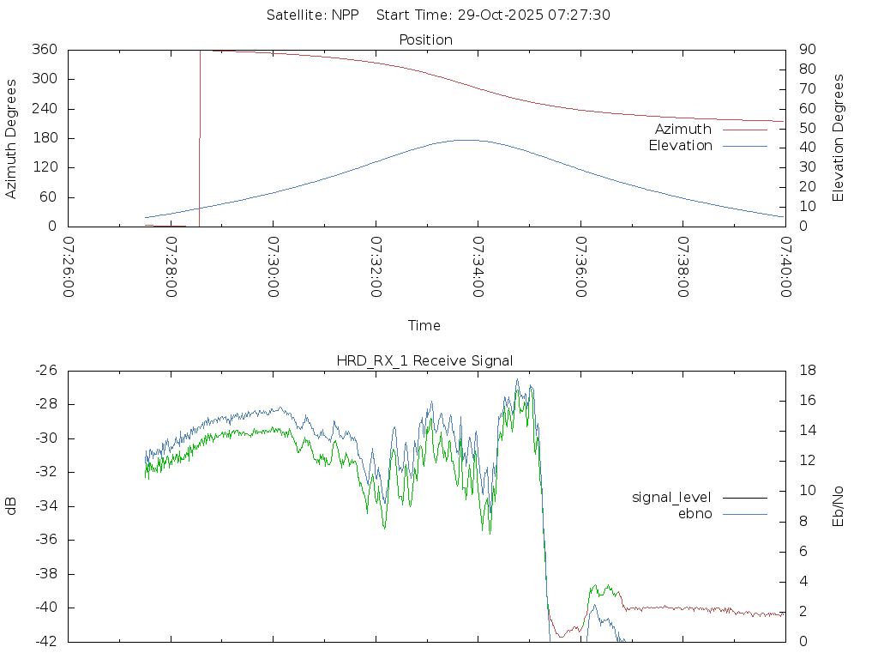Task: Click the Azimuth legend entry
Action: (683, 130)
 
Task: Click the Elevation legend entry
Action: (681, 146)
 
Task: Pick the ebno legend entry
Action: (695, 513)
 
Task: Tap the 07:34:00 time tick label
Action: (478, 268)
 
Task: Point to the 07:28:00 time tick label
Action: (171, 268)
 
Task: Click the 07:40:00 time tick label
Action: (785, 268)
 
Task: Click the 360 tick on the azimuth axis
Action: (45, 50)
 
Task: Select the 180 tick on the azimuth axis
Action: (45, 138)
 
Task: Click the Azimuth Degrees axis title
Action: (12, 138)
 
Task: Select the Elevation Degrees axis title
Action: (839, 138)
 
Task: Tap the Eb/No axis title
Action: (839, 506)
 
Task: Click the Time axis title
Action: (424, 325)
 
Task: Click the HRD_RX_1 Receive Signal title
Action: (424, 360)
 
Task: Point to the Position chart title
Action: (426, 39)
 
